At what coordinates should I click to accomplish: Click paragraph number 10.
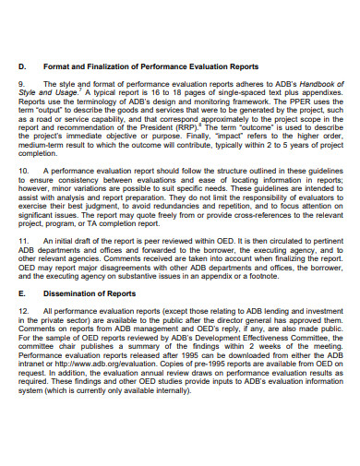pos(24,172)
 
